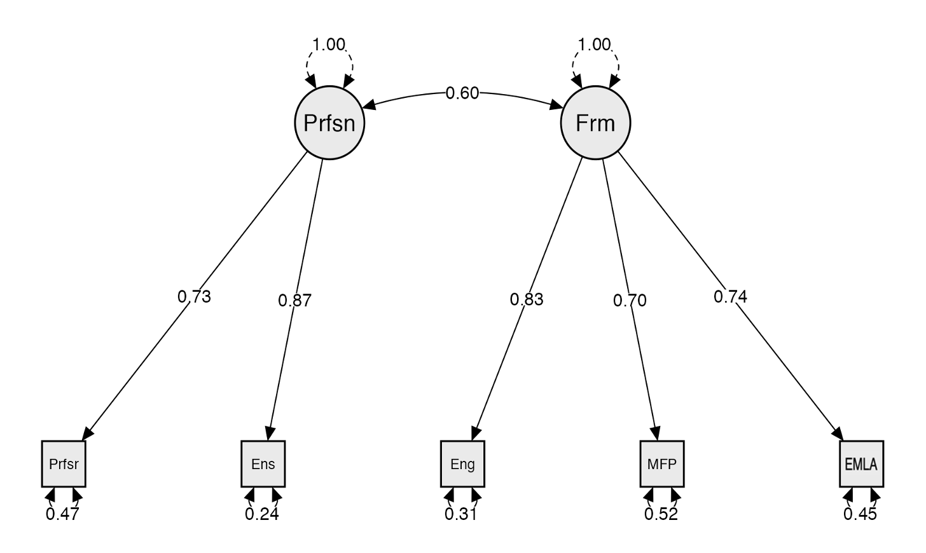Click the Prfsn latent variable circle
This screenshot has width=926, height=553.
tap(329, 123)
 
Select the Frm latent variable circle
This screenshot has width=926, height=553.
tap(595, 123)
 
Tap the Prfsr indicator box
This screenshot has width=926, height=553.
tap(64, 464)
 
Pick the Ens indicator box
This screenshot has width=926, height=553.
tap(263, 464)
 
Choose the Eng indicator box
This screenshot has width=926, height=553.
tap(462, 464)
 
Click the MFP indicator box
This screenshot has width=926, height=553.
tap(661, 464)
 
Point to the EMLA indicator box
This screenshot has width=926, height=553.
tap(860, 464)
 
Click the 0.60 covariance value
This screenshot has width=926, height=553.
tap(462, 93)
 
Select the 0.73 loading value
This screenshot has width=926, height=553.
tap(194, 296)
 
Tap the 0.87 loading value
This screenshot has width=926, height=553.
tap(295, 301)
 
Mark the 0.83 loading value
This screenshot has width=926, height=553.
tap(527, 299)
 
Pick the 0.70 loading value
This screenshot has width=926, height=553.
tap(630, 300)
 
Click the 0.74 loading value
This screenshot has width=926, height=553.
tap(730, 296)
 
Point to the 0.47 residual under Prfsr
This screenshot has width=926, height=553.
tap(62, 514)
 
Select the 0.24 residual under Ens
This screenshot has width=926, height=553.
tap(262, 514)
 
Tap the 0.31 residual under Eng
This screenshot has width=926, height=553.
tap(461, 514)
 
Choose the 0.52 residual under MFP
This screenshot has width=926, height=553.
tap(661, 514)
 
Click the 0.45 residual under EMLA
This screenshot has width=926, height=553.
tap(860, 514)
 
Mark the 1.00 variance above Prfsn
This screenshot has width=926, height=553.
tap(329, 44)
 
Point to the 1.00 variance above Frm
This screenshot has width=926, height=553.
tap(595, 44)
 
